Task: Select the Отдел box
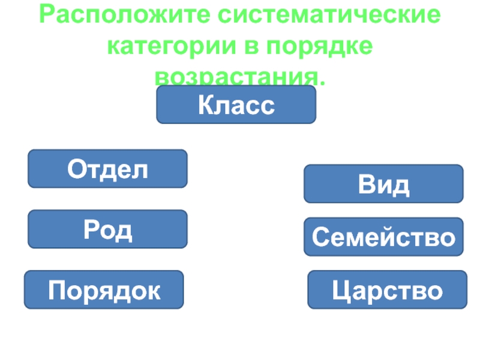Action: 107,169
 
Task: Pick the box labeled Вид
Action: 383,184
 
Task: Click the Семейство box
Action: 383,236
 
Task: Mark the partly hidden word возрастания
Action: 239,77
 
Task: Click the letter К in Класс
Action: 206,106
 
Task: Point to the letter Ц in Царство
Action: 341,292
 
